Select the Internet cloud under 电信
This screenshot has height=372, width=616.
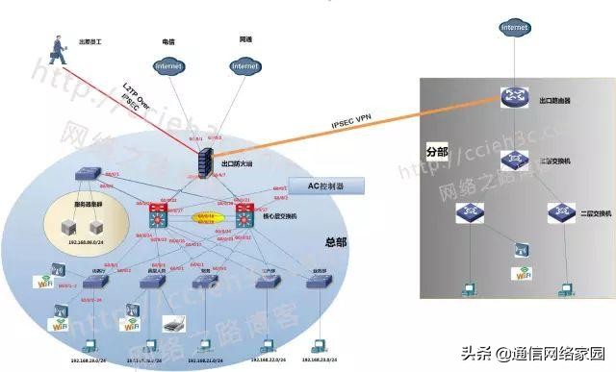pyautogui.click(x=168, y=66)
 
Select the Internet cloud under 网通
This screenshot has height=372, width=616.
pyautogui.click(x=244, y=66)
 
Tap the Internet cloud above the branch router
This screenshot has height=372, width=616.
pyautogui.click(x=514, y=28)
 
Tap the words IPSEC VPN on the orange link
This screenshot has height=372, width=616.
pyautogui.click(x=352, y=124)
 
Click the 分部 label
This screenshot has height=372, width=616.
pyautogui.click(x=437, y=152)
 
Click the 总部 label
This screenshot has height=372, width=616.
pyautogui.click(x=335, y=242)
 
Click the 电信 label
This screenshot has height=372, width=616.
pyautogui.click(x=167, y=41)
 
